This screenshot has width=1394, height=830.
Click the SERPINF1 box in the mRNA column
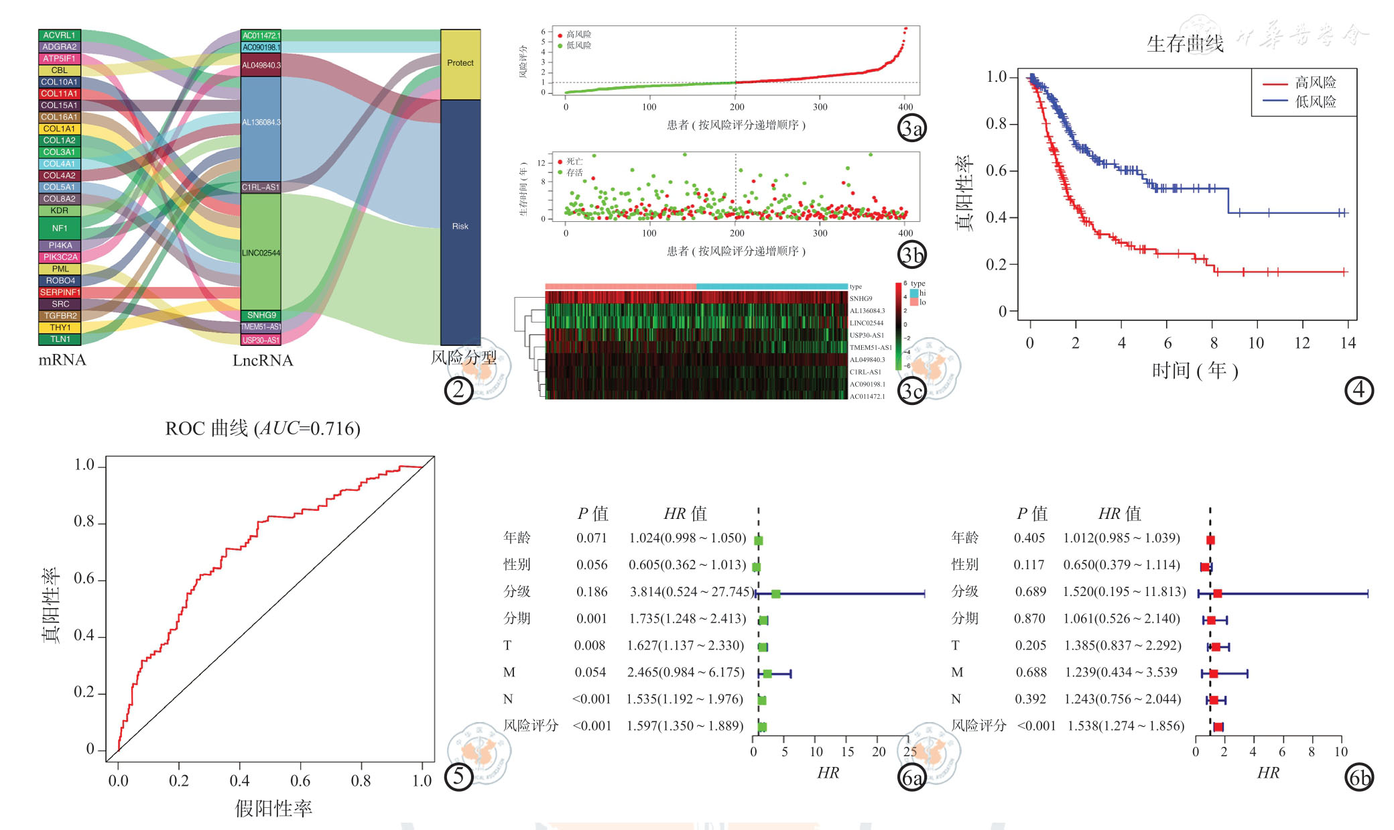[60, 292]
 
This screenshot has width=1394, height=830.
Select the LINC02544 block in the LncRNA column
[261, 252]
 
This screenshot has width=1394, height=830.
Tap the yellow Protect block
[460, 64]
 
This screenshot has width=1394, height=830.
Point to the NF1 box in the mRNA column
[60, 228]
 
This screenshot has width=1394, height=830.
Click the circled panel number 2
[458, 390]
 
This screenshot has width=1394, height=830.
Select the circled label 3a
[911, 128]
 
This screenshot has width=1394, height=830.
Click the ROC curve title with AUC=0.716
[263, 428]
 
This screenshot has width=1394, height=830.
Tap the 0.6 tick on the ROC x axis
[300, 780]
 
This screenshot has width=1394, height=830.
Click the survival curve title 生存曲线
[1185, 44]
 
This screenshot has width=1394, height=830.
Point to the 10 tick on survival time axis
[1256, 343]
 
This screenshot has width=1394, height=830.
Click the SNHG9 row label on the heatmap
[861, 298]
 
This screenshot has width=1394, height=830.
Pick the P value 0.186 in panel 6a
[592, 592]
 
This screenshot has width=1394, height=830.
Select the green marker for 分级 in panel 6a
[776, 594]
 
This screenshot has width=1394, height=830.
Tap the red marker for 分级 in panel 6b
[1218, 594]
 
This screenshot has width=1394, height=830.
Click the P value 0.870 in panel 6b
[1029, 619]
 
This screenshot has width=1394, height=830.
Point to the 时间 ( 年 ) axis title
[1195, 370]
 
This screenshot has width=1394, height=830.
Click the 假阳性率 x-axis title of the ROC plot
[273, 809]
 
